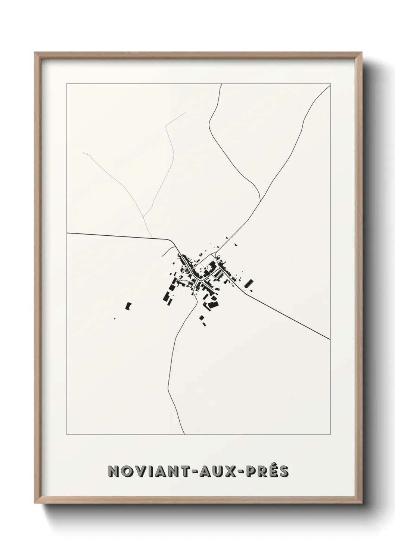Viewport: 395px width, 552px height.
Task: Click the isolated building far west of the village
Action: point(128,306)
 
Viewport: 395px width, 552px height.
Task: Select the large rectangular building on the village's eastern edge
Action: point(248,284)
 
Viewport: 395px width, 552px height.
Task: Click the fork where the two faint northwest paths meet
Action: point(144,216)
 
